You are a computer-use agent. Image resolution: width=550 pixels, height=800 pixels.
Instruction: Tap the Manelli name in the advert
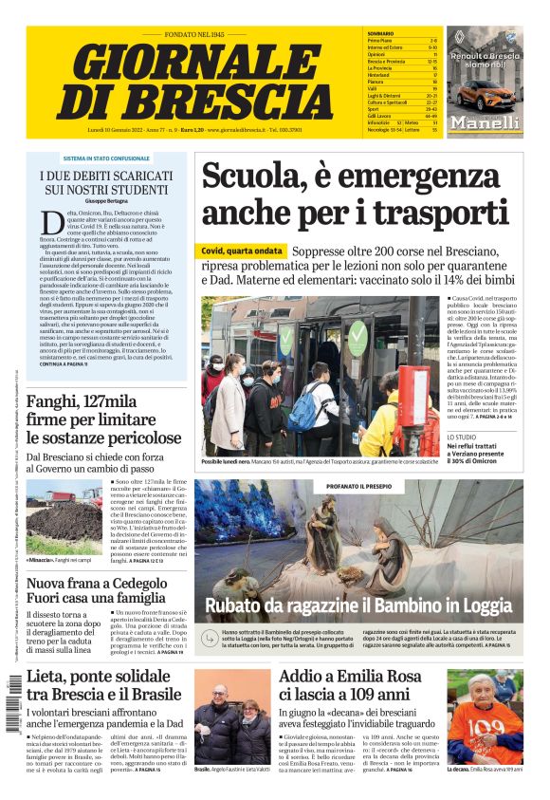click(485, 122)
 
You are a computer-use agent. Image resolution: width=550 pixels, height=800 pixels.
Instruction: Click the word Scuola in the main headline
click(250, 177)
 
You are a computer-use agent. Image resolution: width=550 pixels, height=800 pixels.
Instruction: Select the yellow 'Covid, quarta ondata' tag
click(240, 251)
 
